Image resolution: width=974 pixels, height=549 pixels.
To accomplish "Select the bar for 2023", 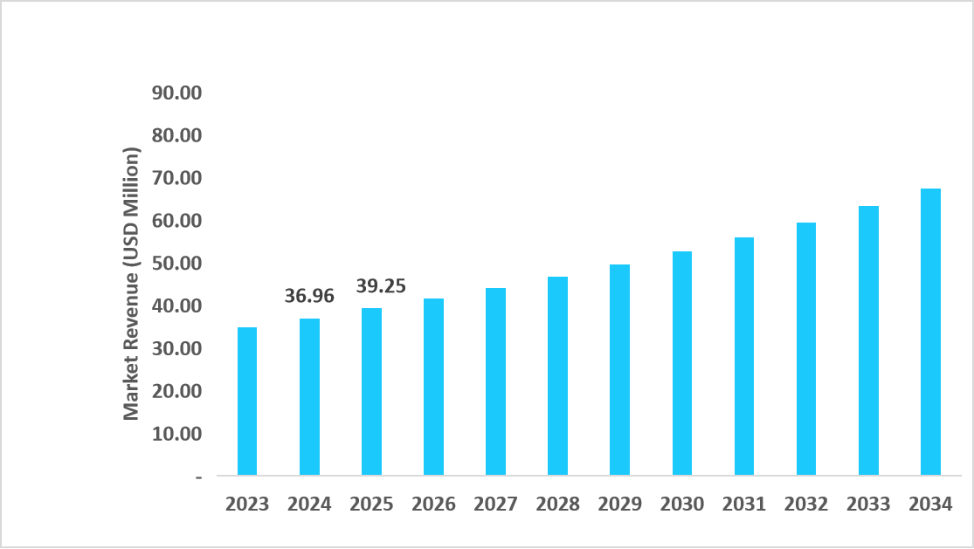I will click(x=247, y=401).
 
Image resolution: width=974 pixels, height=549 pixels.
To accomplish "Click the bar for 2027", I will click(x=495, y=381).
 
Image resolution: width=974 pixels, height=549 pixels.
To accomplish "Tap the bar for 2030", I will click(x=681, y=363).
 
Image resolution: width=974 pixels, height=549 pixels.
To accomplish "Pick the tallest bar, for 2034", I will click(x=930, y=332).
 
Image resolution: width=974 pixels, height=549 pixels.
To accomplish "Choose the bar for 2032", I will click(x=805, y=349).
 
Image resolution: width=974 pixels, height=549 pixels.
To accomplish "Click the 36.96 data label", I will click(x=309, y=297).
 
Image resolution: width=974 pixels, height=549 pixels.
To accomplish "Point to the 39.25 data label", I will click(x=380, y=286).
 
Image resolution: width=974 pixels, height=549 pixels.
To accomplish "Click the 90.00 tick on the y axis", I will click(x=176, y=93).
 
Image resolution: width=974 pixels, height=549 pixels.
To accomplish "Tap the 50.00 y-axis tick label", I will click(x=176, y=263).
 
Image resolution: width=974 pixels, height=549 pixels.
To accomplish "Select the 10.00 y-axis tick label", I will click(x=176, y=434).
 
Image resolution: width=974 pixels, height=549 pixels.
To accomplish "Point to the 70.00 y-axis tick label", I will click(x=176, y=178).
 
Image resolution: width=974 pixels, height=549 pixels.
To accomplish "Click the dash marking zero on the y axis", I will click(x=198, y=477).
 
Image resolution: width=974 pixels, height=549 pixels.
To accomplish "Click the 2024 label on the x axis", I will click(x=309, y=504).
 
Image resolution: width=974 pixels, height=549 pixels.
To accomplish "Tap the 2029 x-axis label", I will click(x=619, y=504).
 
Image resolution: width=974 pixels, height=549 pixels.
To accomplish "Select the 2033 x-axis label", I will click(x=868, y=504).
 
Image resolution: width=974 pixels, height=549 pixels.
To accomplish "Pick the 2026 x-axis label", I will click(x=433, y=504).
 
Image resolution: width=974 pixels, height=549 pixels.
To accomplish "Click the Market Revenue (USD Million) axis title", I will click(x=131, y=284).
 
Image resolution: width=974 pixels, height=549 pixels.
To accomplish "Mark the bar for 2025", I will click(x=371, y=392).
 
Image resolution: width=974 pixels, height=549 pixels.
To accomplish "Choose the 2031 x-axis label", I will click(x=743, y=504).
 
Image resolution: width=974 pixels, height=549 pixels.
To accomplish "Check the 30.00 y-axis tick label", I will click(x=176, y=348).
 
